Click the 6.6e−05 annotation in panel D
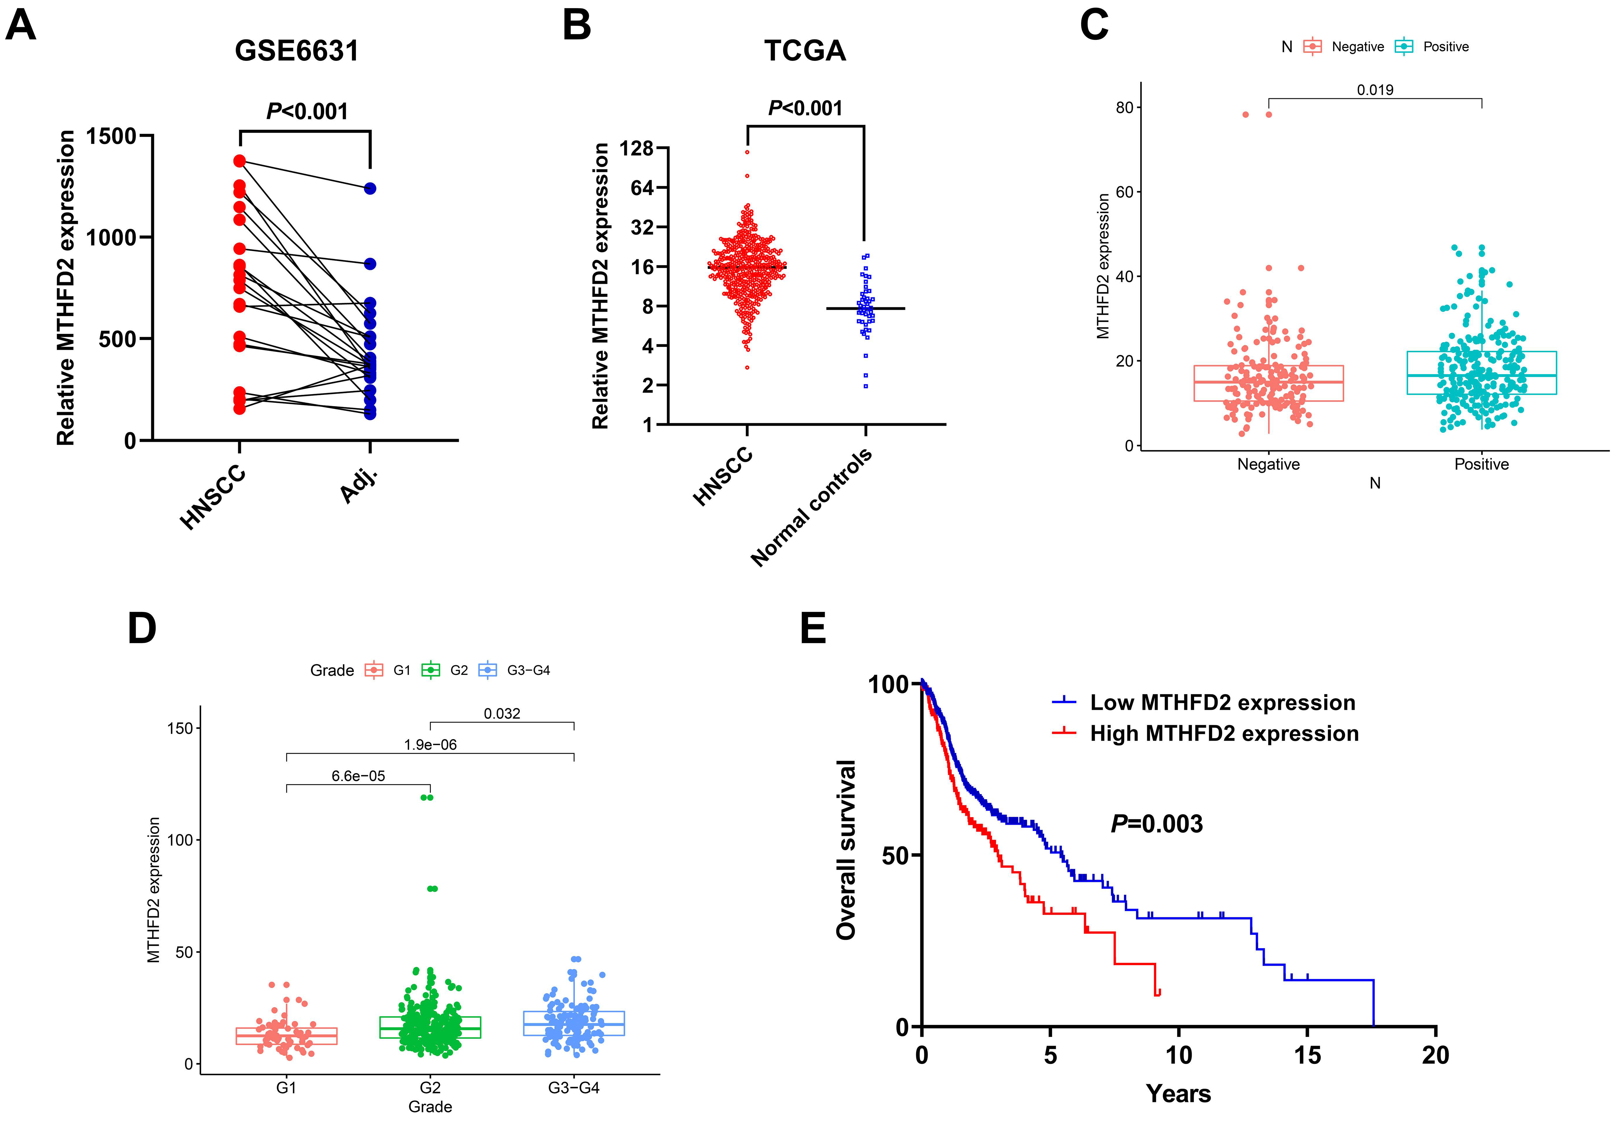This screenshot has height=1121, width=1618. point(358,776)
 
